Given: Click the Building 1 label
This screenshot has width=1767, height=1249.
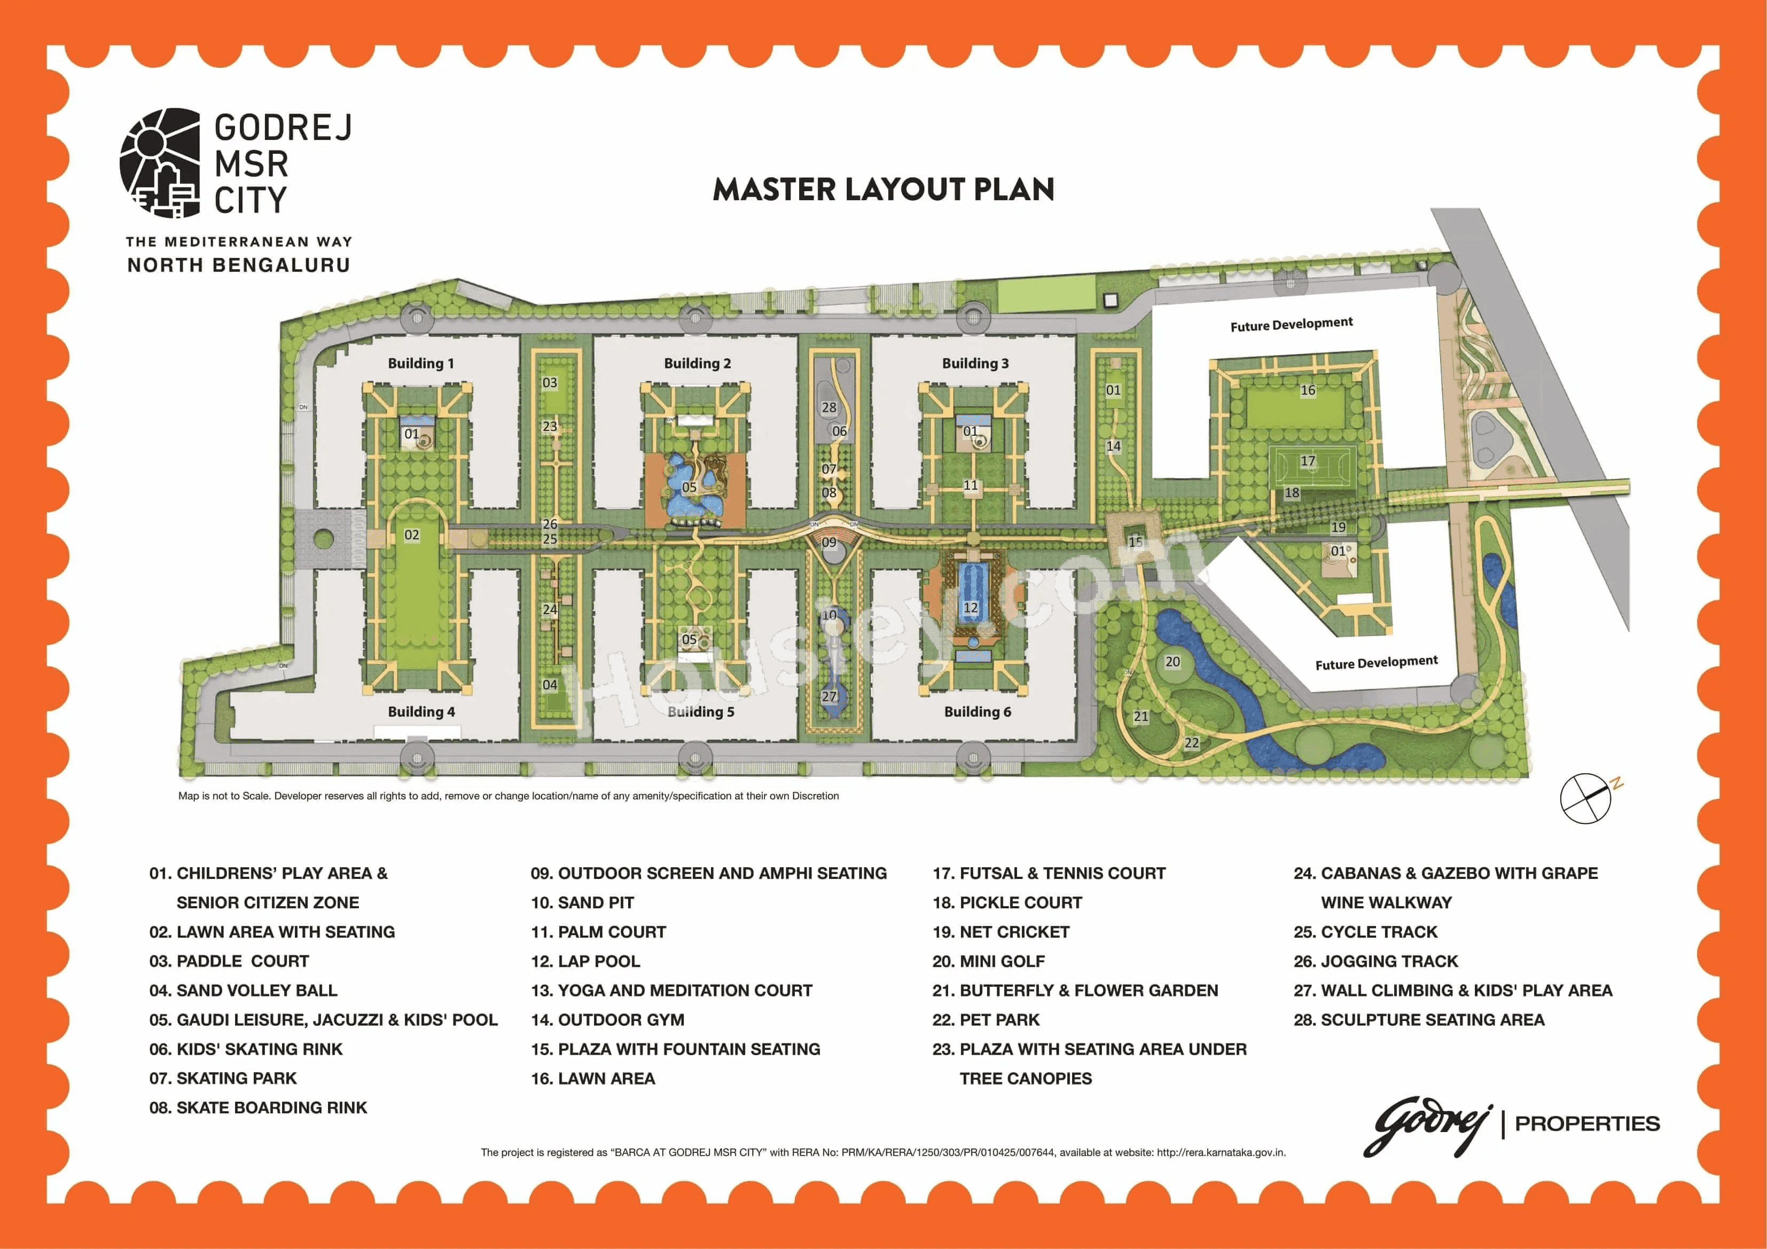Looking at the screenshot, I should pyautogui.click(x=420, y=363).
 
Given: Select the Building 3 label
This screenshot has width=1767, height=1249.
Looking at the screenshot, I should pyautogui.click(x=975, y=363).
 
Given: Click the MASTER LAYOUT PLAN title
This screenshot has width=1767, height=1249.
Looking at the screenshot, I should pyautogui.click(x=883, y=190).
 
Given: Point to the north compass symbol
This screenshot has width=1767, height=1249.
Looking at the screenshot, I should pyautogui.click(x=1585, y=798).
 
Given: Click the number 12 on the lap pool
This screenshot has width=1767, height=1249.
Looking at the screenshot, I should pyautogui.click(x=971, y=608).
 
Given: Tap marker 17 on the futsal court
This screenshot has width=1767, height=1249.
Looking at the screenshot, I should pyautogui.click(x=1308, y=461).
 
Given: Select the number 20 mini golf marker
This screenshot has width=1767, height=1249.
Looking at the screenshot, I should pyautogui.click(x=1172, y=662).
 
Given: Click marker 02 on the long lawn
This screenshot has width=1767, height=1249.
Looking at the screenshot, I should pyautogui.click(x=412, y=535).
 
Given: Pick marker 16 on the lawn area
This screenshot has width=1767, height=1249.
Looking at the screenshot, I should pyautogui.click(x=1308, y=390).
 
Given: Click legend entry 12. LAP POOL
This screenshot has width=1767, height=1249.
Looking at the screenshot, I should pyautogui.click(x=585, y=961).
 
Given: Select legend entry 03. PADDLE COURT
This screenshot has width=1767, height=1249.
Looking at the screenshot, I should pyautogui.click(x=229, y=961).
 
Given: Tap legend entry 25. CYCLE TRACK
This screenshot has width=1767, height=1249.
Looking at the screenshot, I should pyautogui.click(x=1365, y=932).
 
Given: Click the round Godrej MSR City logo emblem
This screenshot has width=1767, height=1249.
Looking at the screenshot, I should pyautogui.click(x=160, y=162).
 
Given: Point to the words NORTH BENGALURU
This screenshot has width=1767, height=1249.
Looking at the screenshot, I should pyautogui.click(x=239, y=265).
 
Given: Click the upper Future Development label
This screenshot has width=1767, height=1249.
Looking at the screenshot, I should pyautogui.click(x=1292, y=325).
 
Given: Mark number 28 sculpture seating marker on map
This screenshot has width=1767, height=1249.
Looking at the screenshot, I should pyautogui.click(x=829, y=408).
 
